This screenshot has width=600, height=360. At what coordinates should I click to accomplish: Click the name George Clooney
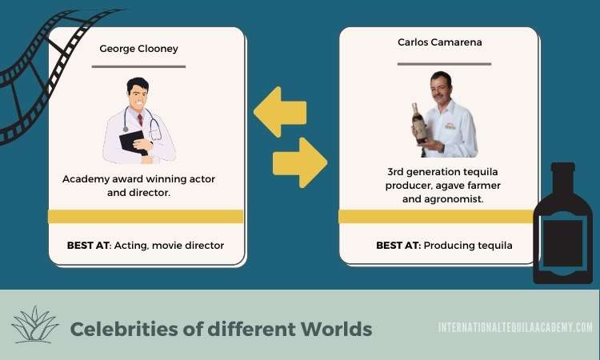[138, 49]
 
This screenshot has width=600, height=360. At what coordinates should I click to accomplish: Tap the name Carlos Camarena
[440, 42]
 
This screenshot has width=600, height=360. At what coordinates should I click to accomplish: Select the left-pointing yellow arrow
[280, 112]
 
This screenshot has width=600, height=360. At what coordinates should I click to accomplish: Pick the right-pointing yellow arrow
[300, 162]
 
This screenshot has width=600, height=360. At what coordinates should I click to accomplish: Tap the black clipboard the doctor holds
[133, 142]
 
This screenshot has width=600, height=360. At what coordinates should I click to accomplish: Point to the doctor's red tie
[140, 120]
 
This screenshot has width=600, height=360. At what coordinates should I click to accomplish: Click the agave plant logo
[35, 325]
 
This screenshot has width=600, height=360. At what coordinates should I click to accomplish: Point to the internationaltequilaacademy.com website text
[515, 327]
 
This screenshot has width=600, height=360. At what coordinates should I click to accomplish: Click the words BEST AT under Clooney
[88, 246]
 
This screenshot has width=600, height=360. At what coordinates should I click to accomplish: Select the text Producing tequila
[468, 246]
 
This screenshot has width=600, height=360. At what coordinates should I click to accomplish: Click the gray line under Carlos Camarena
[444, 64]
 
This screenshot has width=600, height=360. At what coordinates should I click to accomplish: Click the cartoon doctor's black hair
[138, 85]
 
